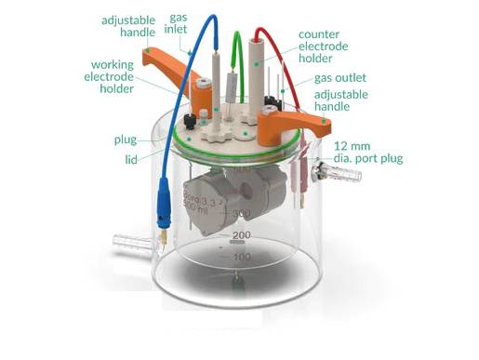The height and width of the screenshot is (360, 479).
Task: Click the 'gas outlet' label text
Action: tap(339, 78)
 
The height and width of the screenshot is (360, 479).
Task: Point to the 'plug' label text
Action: tap(126, 140)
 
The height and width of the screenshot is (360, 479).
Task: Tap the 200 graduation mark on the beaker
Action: tap(242, 234)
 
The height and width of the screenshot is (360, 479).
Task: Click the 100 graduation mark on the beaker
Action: tap(241, 257)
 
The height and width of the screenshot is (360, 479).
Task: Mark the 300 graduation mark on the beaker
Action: tap(241, 213)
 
